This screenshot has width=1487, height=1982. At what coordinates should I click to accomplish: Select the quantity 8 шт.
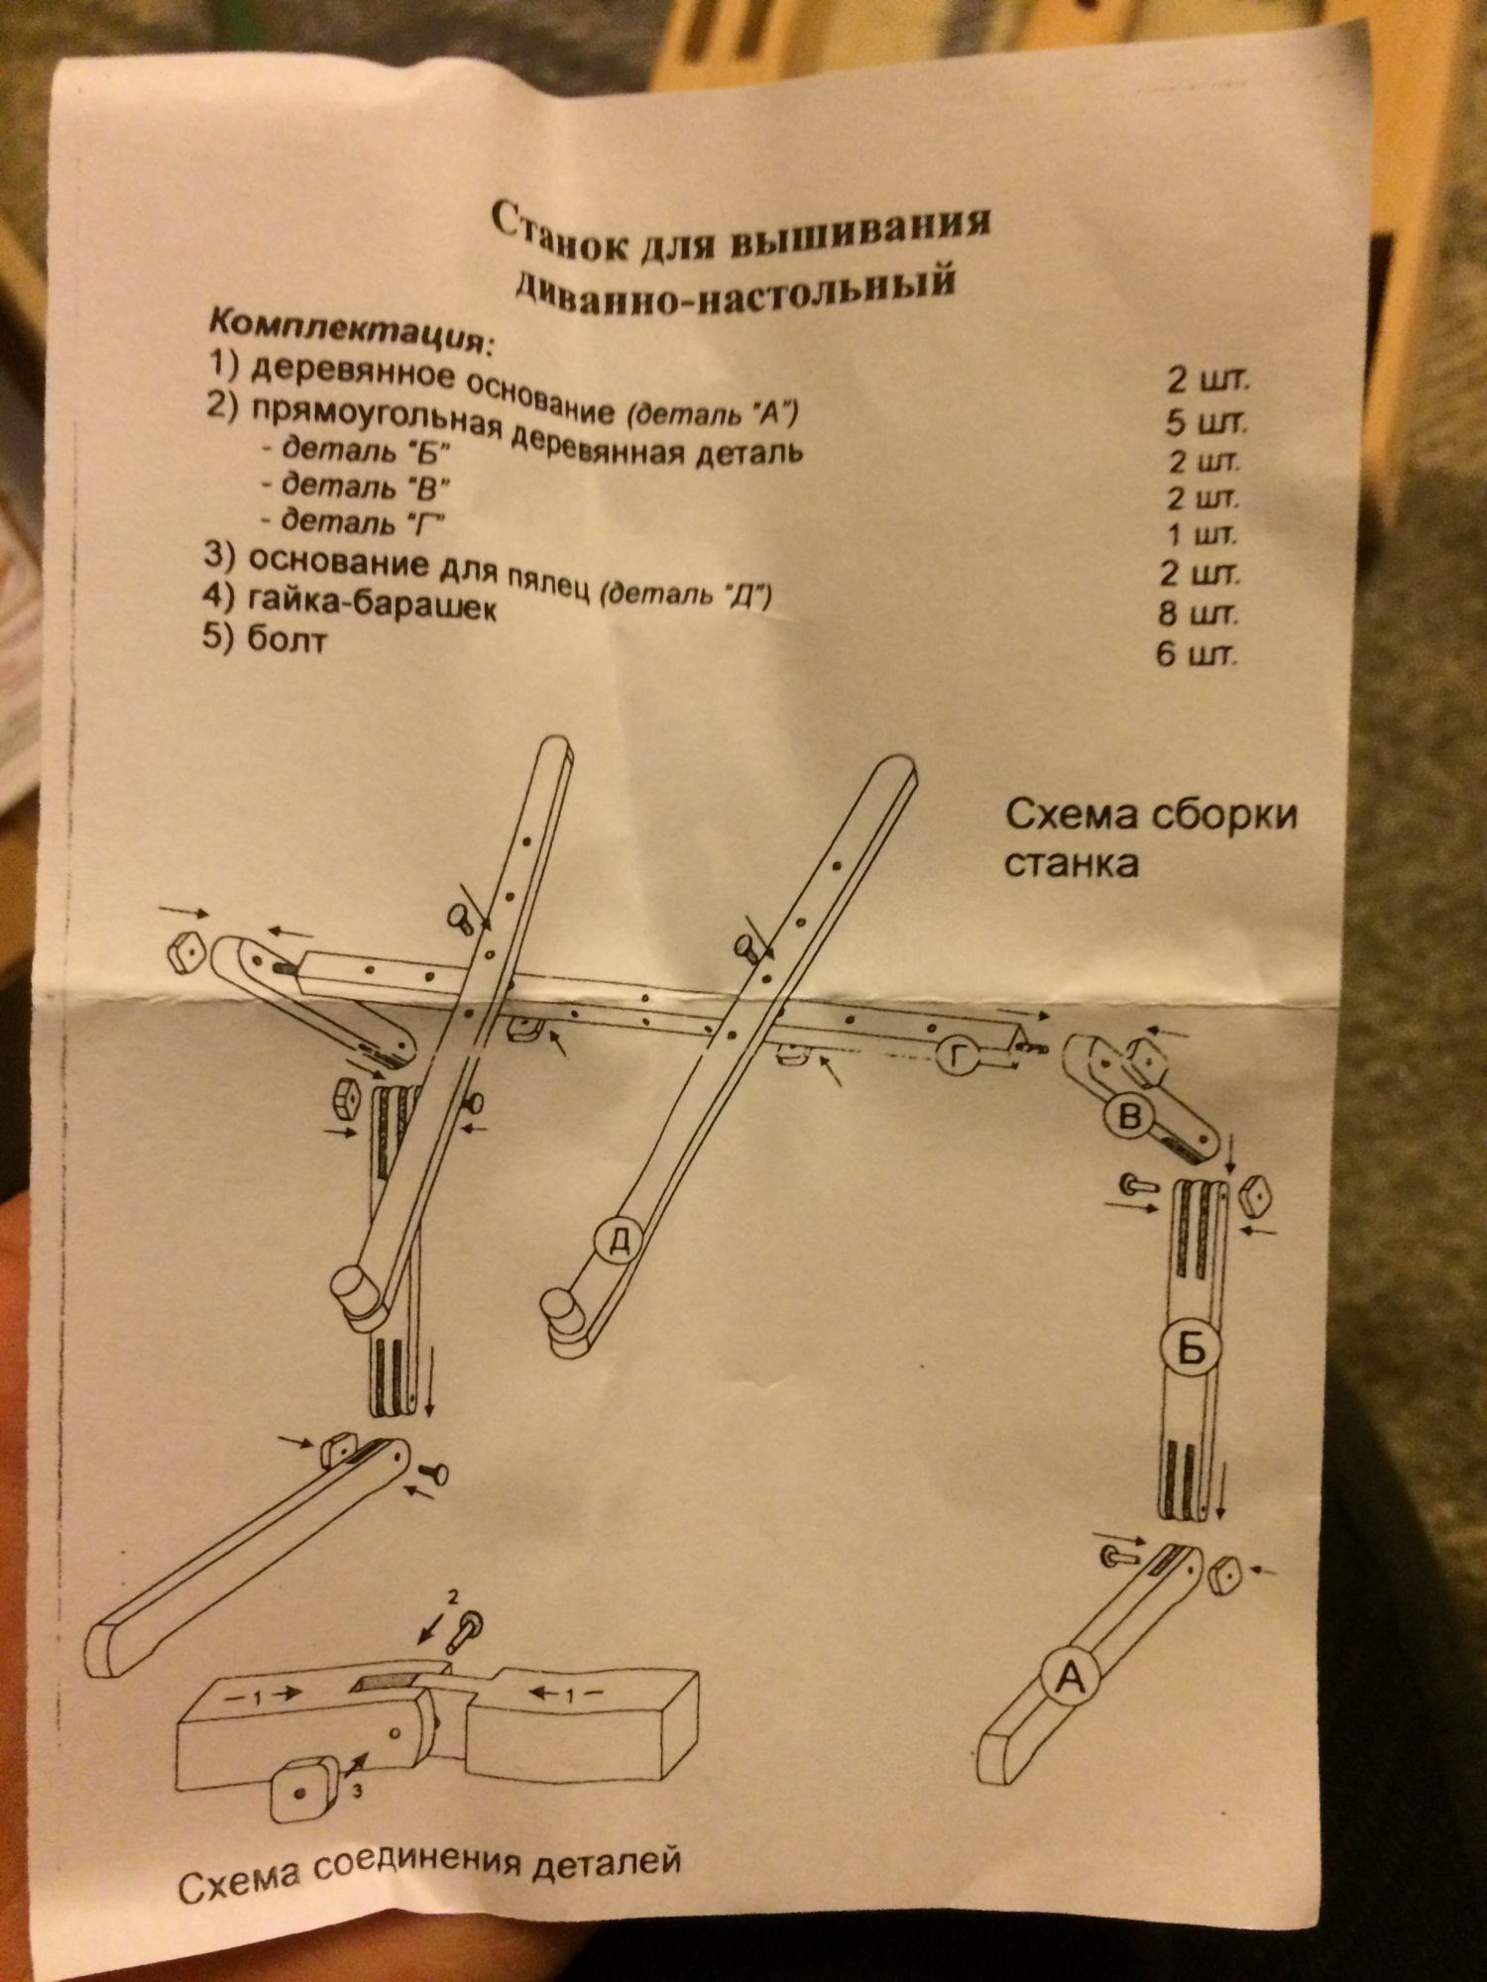[1198, 614]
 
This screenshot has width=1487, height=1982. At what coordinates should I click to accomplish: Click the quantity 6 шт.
[1197, 655]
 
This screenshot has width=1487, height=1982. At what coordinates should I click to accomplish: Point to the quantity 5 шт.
[1205, 422]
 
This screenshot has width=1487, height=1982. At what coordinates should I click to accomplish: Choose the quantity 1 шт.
[1201, 536]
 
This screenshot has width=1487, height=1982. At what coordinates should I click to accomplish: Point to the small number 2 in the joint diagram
[453, 1597]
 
